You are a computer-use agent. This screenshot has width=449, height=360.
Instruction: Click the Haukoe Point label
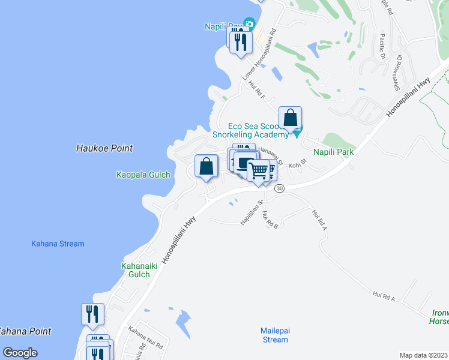pos(104,148)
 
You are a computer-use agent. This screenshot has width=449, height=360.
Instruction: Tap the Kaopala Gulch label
pos(143,175)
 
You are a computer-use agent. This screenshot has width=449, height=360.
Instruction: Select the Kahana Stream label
pos(58,244)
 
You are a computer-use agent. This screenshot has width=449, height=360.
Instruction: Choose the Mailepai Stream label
pos(275,335)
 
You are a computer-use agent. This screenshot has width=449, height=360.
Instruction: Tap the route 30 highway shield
pos(279,188)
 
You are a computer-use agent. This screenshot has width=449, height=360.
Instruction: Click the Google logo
pos(20,353)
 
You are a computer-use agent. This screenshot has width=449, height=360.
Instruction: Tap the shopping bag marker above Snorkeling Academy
pos(291,118)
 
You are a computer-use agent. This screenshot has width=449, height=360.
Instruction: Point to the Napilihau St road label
pos(252,214)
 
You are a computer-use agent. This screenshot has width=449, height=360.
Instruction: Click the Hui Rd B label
pos(270,221)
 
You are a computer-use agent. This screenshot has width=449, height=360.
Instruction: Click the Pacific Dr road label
pos(382,47)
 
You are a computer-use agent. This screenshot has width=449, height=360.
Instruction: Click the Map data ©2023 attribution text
pos(423,355)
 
